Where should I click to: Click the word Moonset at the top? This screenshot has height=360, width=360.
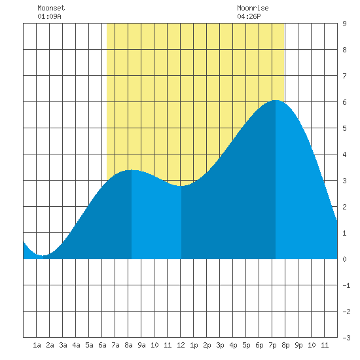[51, 8]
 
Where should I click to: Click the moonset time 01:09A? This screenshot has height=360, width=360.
[49, 16]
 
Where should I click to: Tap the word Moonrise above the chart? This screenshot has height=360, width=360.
[253, 8]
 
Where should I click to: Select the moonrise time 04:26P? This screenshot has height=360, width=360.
[249, 16]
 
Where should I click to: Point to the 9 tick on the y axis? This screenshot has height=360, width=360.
[344, 24]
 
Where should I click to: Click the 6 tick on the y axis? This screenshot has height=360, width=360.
[344, 102]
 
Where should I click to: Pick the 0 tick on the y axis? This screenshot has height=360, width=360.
[344, 259]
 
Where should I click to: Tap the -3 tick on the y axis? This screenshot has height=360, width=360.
[346, 338]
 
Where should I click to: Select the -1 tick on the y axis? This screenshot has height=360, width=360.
[346, 285]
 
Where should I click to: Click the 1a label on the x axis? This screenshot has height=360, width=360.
[37, 345]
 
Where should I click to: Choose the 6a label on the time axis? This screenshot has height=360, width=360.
[102, 345]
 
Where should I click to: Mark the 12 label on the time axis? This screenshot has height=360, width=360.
[181, 345]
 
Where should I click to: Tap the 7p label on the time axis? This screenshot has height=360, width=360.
[272, 345]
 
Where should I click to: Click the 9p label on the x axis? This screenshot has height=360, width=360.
[298, 345]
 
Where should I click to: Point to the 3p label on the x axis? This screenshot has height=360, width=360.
[220, 345]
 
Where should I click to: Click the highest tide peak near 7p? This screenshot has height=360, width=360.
[276, 100]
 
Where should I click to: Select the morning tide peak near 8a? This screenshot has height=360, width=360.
[132, 170]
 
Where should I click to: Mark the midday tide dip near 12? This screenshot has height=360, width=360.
[181, 186]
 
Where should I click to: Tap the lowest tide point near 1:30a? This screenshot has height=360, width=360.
[43, 255]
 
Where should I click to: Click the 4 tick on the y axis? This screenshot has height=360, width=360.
[344, 154]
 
